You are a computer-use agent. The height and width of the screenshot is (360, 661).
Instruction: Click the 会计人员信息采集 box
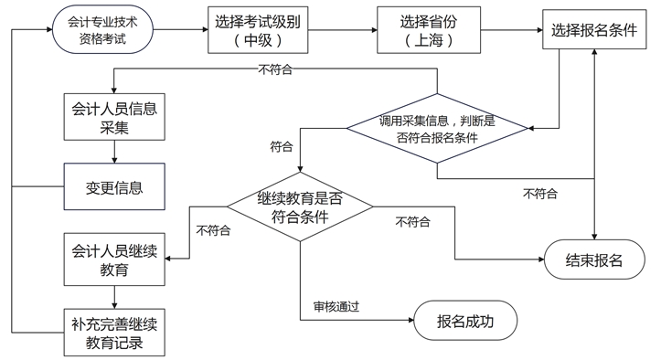click(114, 117)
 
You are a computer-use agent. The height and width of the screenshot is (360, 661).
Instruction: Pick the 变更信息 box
click(114, 188)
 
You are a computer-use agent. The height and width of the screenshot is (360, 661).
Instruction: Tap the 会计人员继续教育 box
click(114, 259)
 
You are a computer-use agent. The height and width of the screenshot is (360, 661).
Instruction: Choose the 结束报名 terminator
click(595, 259)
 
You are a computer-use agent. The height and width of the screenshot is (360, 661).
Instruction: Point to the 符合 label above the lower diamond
click(282, 146)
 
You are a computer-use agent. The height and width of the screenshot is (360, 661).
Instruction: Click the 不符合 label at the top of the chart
click(276, 69)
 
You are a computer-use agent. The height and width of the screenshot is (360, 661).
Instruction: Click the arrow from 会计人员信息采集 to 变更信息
click(114, 152)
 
